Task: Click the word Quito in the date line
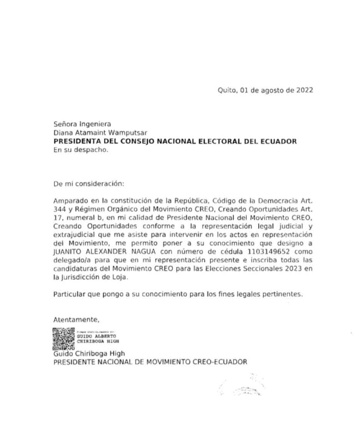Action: (227, 90)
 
